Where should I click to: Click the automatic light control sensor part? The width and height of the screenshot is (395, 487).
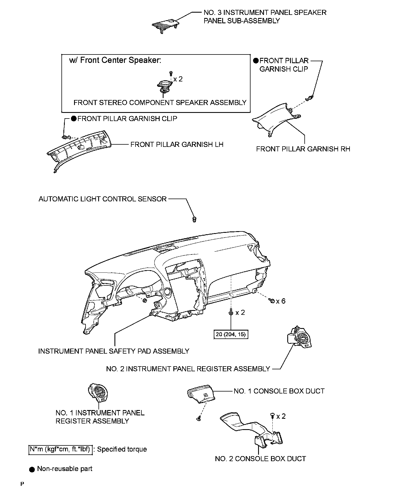[x=194, y=219]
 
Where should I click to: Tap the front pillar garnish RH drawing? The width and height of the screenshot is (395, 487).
[x=276, y=119]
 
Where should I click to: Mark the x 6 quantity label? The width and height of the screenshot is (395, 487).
[x=280, y=301]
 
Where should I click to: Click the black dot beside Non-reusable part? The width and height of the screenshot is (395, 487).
[x=32, y=469]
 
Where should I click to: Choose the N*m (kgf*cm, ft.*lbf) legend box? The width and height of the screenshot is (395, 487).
[x=60, y=449]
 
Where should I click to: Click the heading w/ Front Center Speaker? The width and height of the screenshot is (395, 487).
[x=115, y=60]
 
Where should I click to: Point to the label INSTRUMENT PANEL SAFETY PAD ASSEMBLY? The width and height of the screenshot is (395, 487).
[x=114, y=351]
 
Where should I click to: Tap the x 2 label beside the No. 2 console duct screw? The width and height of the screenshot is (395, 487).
[x=281, y=416]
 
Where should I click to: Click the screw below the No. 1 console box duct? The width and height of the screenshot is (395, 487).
[x=198, y=419]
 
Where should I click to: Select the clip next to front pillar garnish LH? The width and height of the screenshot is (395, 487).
[x=65, y=137]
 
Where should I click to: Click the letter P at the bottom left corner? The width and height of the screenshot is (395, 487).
[x=22, y=484]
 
